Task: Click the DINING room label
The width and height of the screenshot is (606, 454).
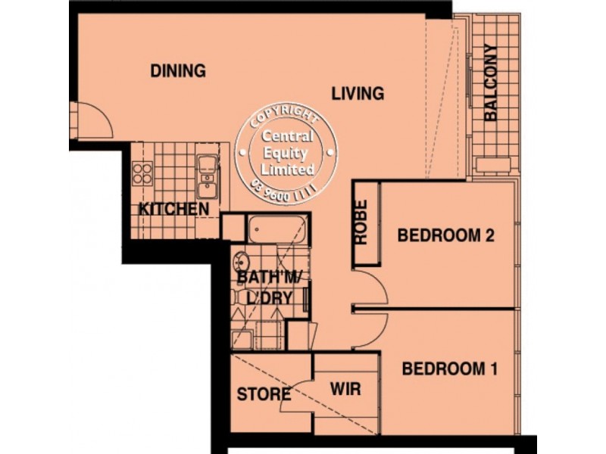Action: (178, 71)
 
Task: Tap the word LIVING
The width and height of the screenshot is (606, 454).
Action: (358, 94)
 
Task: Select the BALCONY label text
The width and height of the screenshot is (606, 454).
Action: (491, 84)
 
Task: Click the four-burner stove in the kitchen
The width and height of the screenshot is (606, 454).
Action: (142, 173)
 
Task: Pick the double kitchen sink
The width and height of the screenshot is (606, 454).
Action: (206, 175)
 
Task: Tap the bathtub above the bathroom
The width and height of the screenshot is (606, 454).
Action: (278, 229)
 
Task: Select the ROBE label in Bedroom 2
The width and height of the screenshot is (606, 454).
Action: (361, 222)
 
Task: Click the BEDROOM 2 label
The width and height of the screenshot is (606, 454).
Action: (446, 235)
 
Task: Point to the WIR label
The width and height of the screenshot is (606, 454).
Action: (345, 390)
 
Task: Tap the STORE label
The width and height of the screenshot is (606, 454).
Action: (264, 394)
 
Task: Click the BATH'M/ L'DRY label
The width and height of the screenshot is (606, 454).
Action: (270, 287)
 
